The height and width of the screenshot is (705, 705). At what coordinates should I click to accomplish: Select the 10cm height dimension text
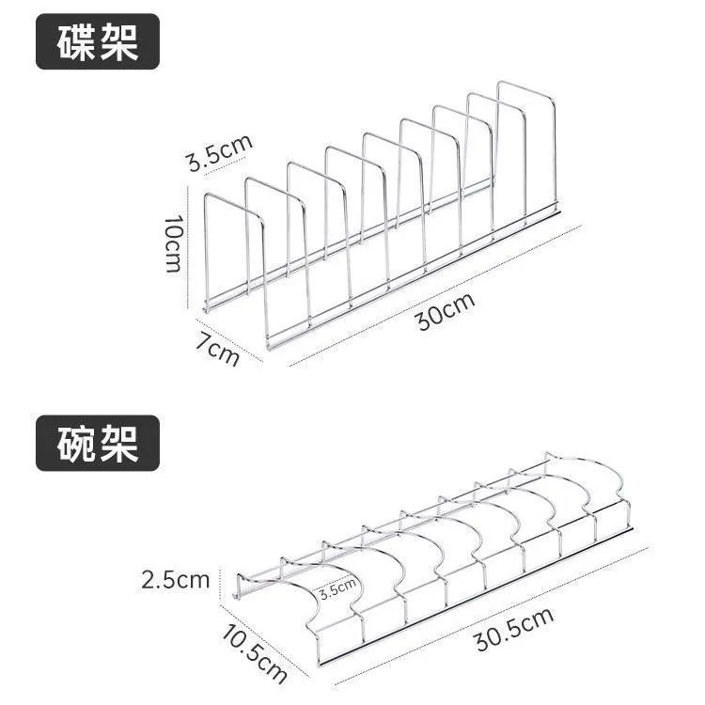tap(173, 243)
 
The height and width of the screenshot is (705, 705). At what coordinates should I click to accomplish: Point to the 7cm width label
tap(217, 349)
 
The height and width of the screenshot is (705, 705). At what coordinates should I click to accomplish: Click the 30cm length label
tap(446, 310)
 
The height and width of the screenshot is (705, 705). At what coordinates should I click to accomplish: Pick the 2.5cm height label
tap(175, 580)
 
